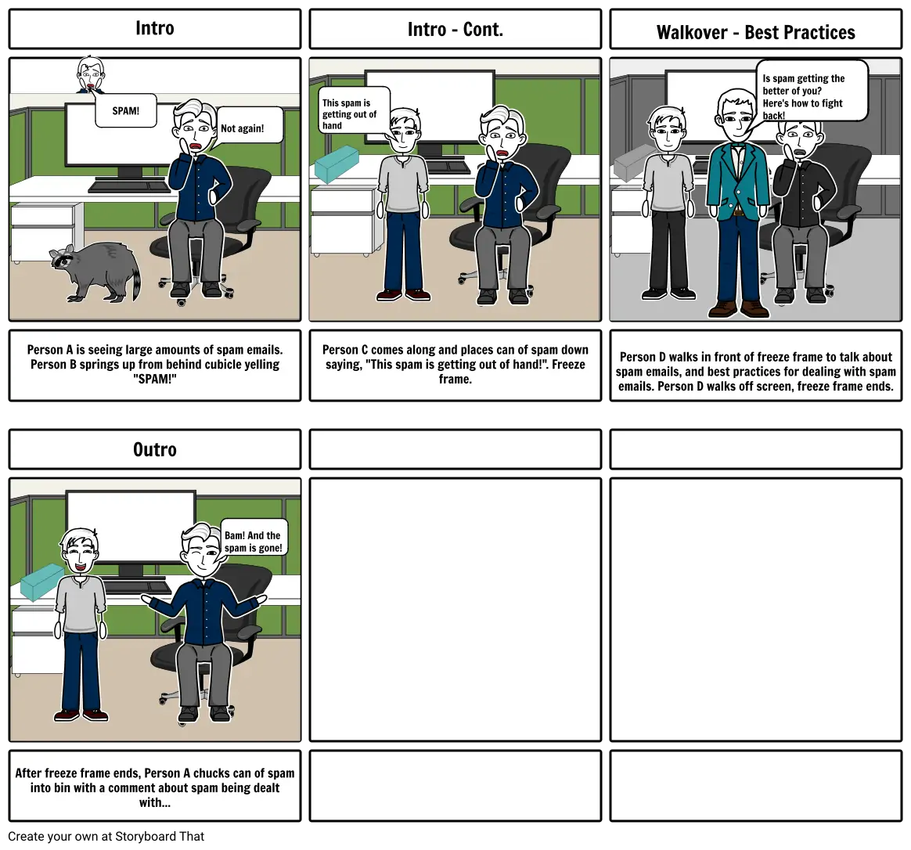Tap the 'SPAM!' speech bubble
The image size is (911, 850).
point(126,110)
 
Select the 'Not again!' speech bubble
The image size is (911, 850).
point(249,126)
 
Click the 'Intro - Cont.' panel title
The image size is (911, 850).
point(455,29)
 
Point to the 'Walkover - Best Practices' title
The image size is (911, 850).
point(756,33)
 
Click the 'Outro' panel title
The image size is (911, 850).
point(154,450)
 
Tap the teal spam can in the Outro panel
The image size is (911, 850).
point(41,581)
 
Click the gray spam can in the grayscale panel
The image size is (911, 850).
point(634,164)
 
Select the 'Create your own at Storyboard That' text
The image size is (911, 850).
point(106,836)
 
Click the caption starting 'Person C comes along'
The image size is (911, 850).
point(455,364)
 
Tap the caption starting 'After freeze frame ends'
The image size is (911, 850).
point(154,788)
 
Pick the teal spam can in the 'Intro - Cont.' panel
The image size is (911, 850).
point(337,164)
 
